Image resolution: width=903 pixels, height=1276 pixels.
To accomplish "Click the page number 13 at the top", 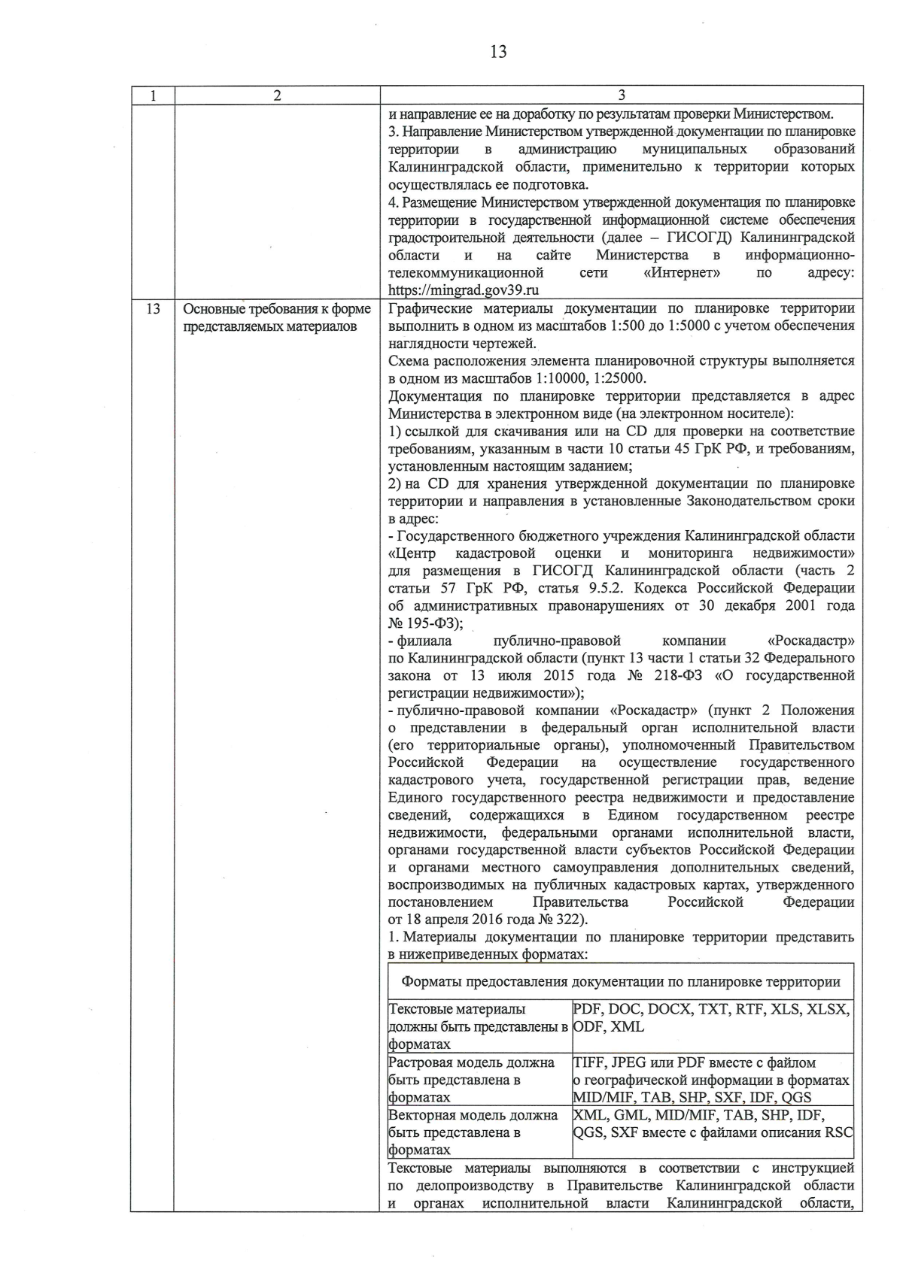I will [x=497, y=52].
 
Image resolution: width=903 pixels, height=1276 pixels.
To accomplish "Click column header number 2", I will [x=277, y=95].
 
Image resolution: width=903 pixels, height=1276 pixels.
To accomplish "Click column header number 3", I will [x=621, y=95].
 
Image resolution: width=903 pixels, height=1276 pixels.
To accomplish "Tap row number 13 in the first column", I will [x=153, y=309].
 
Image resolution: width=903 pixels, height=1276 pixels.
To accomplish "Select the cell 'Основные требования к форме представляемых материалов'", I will [x=277, y=317].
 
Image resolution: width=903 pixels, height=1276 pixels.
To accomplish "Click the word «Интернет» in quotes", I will [x=682, y=273].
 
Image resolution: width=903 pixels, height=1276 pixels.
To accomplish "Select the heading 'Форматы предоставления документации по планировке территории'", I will [x=621, y=982].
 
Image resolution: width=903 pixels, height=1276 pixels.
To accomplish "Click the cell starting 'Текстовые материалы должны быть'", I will [x=478, y=1026].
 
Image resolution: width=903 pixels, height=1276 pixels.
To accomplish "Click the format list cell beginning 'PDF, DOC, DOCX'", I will [x=711, y=1017].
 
